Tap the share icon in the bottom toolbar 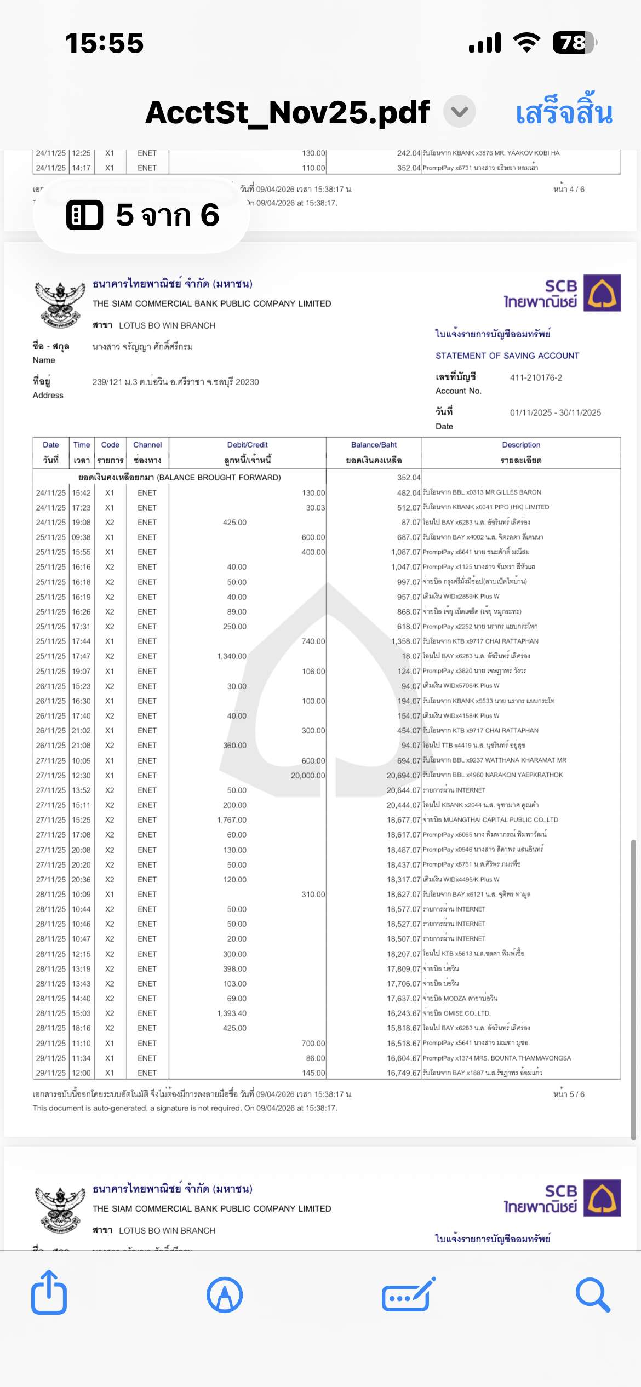click(x=49, y=1294)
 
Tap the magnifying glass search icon click(x=592, y=1296)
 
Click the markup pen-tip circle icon click(x=225, y=1296)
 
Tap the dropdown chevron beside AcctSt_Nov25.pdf click(x=459, y=112)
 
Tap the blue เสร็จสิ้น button click(x=564, y=113)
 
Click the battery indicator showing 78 click(x=574, y=43)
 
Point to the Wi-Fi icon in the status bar click(x=526, y=43)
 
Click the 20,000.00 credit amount click(x=308, y=776)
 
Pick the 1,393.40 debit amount click(x=232, y=1013)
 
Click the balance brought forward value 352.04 click(x=409, y=478)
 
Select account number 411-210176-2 click(x=536, y=378)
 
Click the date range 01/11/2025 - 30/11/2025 click(x=555, y=413)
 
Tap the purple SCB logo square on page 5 click(x=602, y=293)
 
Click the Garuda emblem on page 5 click(x=60, y=304)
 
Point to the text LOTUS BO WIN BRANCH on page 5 click(x=167, y=326)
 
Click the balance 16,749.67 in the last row click(x=404, y=1073)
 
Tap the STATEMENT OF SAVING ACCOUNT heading click(x=507, y=356)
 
